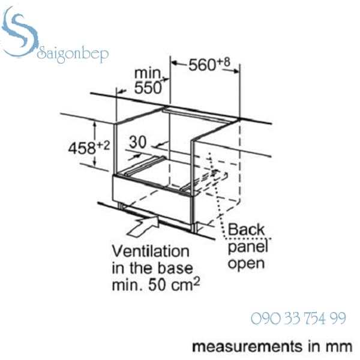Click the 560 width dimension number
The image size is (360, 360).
click(202, 65)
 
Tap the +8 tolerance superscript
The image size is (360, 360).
click(223, 62)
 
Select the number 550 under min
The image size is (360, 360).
click(148, 88)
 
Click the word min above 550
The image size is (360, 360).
click(148, 73)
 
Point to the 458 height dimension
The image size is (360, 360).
click(82, 148)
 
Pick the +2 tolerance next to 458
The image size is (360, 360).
click(103, 146)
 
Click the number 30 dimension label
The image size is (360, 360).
click(138, 142)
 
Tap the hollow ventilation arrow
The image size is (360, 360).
click(143, 226)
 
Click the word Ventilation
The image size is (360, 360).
click(151, 251)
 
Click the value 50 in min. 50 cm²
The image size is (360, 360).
click(157, 285)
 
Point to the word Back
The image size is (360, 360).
click(246, 230)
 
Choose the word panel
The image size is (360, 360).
click(248, 247)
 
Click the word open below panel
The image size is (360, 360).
click(247, 264)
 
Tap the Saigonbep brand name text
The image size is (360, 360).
click(73, 54)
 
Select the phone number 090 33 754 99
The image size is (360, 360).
click(298, 319)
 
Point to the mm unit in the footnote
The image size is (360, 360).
click(341, 347)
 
